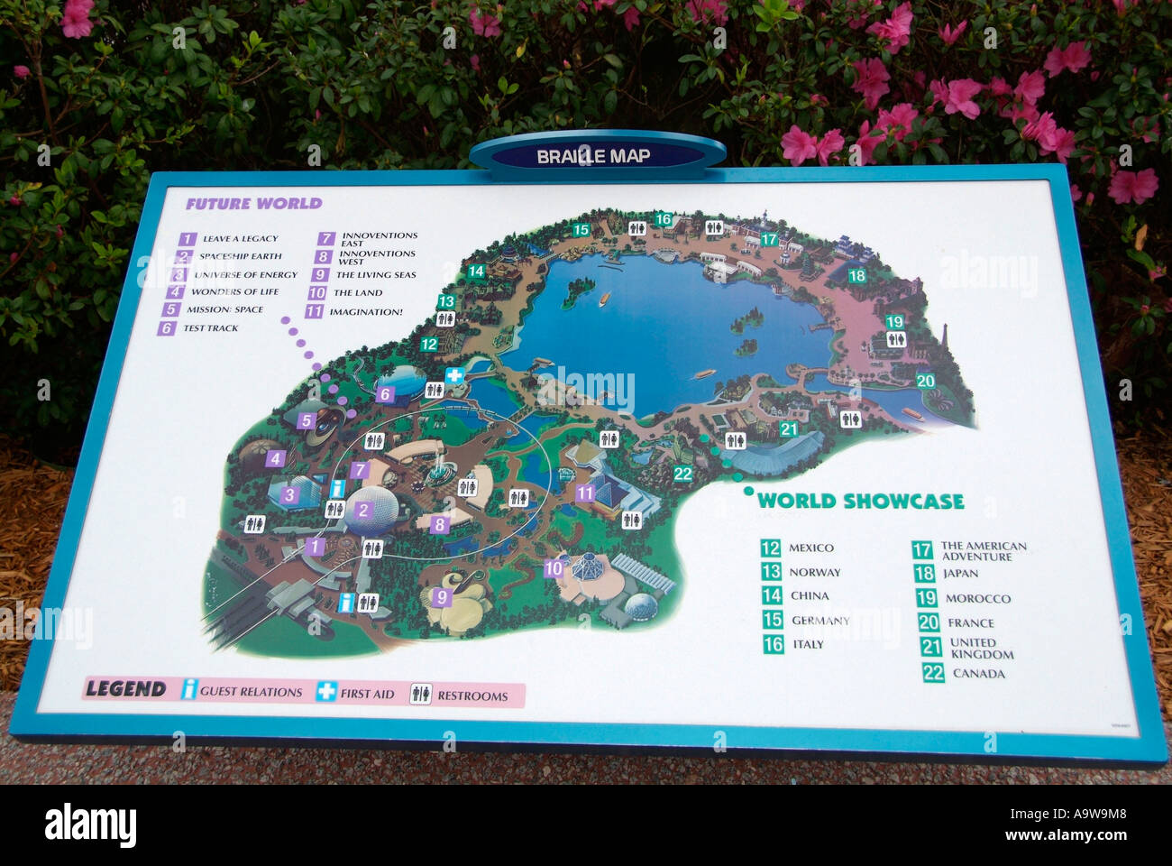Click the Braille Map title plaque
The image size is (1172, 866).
[x=595, y=155]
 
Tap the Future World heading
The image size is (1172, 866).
[x=253, y=204]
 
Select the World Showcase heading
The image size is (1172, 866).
[x=860, y=502]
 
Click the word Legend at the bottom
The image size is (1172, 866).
[x=125, y=689]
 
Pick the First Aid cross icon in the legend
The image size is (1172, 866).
[x=325, y=692]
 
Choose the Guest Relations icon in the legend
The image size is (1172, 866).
[x=189, y=690]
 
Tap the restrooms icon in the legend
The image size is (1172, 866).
[x=421, y=694]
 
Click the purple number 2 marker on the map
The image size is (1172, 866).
[x=362, y=511]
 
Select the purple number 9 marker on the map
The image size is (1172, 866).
[x=441, y=596]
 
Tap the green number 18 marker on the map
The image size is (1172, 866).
[x=856, y=275]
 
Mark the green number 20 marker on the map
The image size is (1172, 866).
[x=926, y=381]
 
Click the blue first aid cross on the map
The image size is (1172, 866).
[x=455, y=375]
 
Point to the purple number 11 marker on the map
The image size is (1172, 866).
[x=585, y=493]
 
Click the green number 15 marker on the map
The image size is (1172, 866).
[x=581, y=230]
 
